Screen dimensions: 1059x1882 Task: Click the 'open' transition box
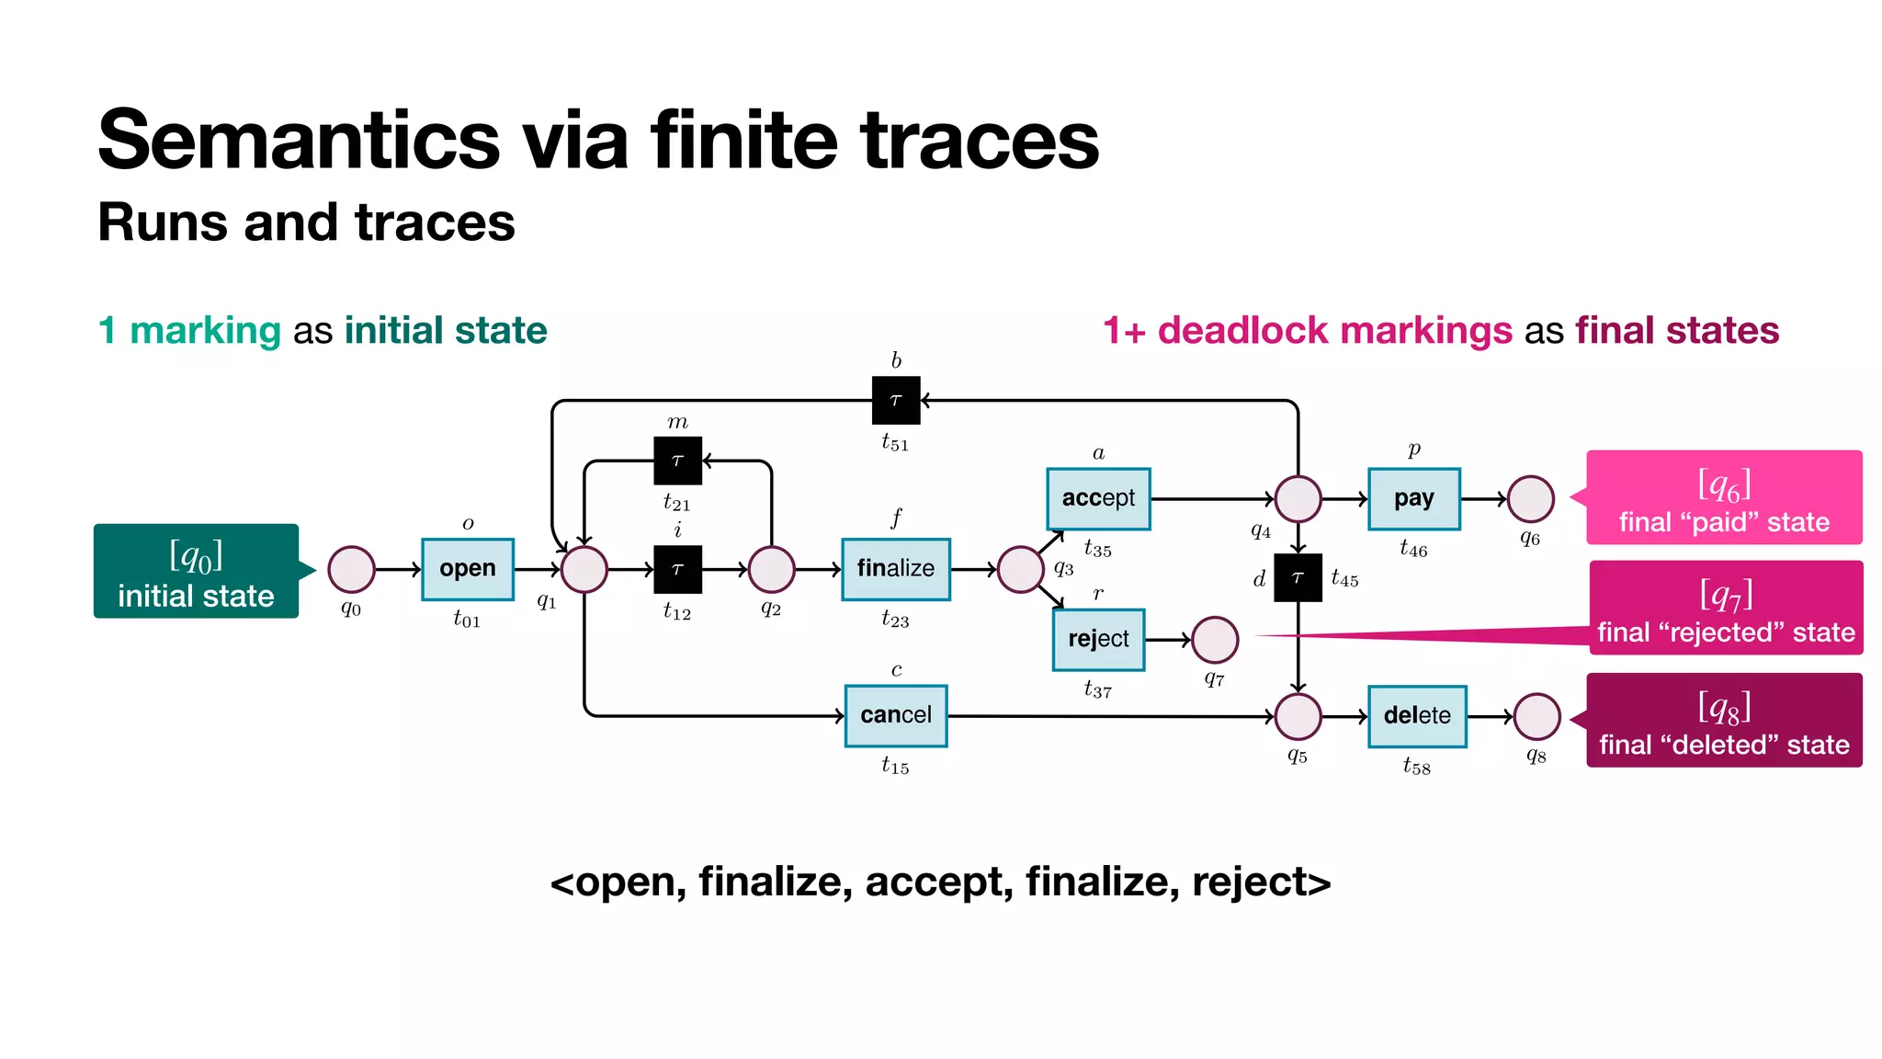tap(467, 569)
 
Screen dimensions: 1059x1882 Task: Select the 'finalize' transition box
tap(895, 569)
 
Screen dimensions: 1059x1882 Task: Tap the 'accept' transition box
tap(1098, 498)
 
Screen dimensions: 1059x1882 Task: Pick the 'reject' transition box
tap(1098, 639)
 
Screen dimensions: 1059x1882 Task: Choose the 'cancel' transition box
tap(895, 715)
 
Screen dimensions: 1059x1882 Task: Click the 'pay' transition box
tap(1413, 498)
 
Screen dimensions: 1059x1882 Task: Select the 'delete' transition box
tap(1416, 715)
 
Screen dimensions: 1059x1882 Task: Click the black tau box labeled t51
tap(895, 400)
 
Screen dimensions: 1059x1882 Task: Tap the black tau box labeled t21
tap(677, 461)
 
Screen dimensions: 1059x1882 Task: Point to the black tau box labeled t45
tap(1298, 577)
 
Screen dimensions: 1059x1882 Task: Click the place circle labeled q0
tap(351, 569)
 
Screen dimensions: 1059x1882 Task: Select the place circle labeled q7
tap(1214, 640)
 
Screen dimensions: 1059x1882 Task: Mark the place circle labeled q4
tap(1298, 498)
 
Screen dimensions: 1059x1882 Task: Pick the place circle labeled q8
tap(1536, 716)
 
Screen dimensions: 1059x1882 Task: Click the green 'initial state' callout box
tap(196, 571)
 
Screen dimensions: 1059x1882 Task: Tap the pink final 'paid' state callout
tap(1724, 497)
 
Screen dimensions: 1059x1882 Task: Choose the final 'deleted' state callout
tap(1724, 721)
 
